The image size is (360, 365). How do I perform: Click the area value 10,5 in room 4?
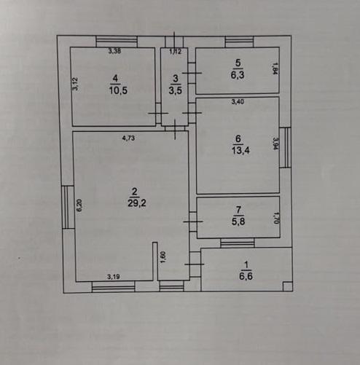(x=118, y=90)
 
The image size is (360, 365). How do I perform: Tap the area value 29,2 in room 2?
(x=137, y=203)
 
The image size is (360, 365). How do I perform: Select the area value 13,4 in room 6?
(x=240, y=151)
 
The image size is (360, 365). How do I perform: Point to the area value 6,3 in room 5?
(x=238, y=75)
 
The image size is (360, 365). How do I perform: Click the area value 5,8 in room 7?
(x=238, y=221)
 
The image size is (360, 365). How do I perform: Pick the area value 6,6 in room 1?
(x=246, y=276)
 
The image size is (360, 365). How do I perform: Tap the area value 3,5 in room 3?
(x=176, y=90)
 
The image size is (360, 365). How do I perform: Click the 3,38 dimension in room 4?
(x=114, y=51)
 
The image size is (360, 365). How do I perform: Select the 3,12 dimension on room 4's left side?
(x=76, y=84)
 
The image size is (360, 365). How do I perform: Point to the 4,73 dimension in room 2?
(x=128, y=138)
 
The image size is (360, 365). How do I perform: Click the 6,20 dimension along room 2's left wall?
(x=79, y=205)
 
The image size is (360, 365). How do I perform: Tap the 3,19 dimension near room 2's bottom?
(x=114, y=277)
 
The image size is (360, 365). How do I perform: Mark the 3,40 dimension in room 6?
(x=238, y=102)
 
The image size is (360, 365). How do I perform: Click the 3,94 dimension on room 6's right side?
(x=275, y=144)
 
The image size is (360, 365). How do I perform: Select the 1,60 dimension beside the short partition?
(x=163, y=257)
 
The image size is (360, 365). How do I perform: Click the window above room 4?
(x=117, y=42)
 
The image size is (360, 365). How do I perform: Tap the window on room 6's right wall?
(x=285, y=148)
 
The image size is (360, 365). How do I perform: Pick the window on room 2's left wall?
(x=68, y=207)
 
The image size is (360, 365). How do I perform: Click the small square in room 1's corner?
(x=288, y=286)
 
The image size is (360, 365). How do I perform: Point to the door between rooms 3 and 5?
(x=192, y=73)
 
